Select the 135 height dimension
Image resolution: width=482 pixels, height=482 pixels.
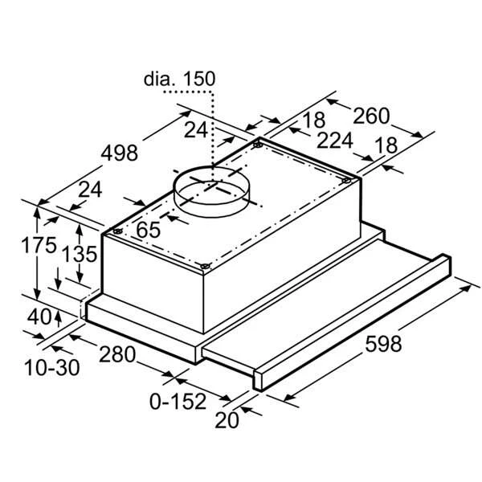click(80, 255)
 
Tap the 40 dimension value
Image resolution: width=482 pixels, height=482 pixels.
click(38, 316)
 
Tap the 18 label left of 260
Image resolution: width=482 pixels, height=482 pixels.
click(314, 120)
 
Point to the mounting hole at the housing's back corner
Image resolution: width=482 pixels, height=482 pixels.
click(256, 146)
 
